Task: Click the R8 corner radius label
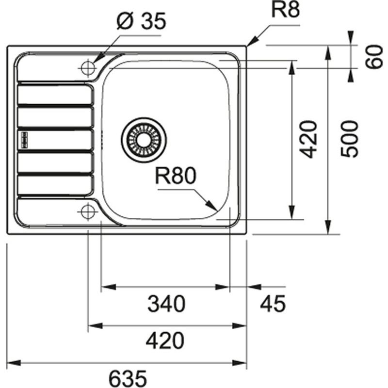tap(285, 10)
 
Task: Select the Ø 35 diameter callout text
tap(141, 21)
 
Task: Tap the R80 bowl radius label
tap(176, 176)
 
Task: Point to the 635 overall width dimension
tap(128, 378)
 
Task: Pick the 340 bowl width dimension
tap(166, 304)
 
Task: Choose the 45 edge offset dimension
tap(273, 304)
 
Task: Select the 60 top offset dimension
tap(374, 57)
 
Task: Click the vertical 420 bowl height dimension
tap(308, 139)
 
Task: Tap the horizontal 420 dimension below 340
tap(165, 341)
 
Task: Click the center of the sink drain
tap(144, 140)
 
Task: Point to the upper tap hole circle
tap(88, 67)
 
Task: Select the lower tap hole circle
tap(88, 212)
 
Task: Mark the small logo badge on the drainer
tap(24, 140)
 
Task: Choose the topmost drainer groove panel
tap(55, 94)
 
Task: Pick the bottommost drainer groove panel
tap(55, 185)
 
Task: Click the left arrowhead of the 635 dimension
tap(14, 363)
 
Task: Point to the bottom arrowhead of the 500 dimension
tap(328, 226)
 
